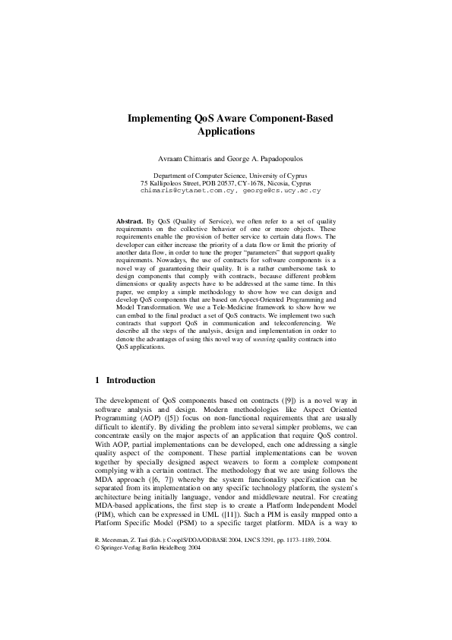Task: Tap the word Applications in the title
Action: (x=226, y=131)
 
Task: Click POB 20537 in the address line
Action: (x=217, y=183)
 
